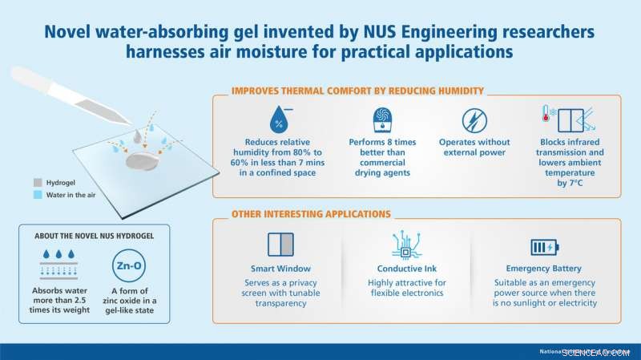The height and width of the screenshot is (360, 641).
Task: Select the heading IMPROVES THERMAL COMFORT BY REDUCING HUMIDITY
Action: pyautogui.click(x=357, y=91)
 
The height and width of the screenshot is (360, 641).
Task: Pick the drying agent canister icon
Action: pyautogui.click(x=382, y=121)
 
